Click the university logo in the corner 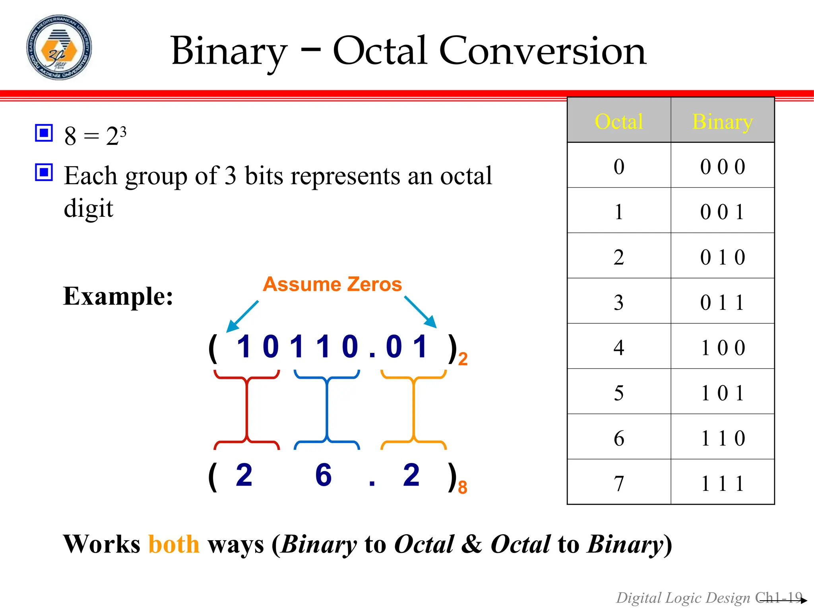click(x=59, y=47)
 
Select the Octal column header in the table click(x=618, y=121)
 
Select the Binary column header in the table click(x=722, y=121)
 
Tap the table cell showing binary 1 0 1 click(x=722, y=393)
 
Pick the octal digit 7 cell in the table click(x=618, y=483)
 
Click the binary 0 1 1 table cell click(x=722, y=302)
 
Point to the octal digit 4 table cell click(x=618, y=348)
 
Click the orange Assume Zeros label click(x=332, y=284)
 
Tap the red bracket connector click(x=247, y=410)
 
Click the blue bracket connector click(x=327, y=410)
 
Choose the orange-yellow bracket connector click(x=413, y=410)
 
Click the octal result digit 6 click(x=323, y=475)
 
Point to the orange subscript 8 click(x=462, y=487)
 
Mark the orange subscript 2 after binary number click(x=463, y=359)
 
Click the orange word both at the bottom click(x=174, y=544)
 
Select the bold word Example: click(x=118, y=296)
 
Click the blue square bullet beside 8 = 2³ click(x=44, y=133)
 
